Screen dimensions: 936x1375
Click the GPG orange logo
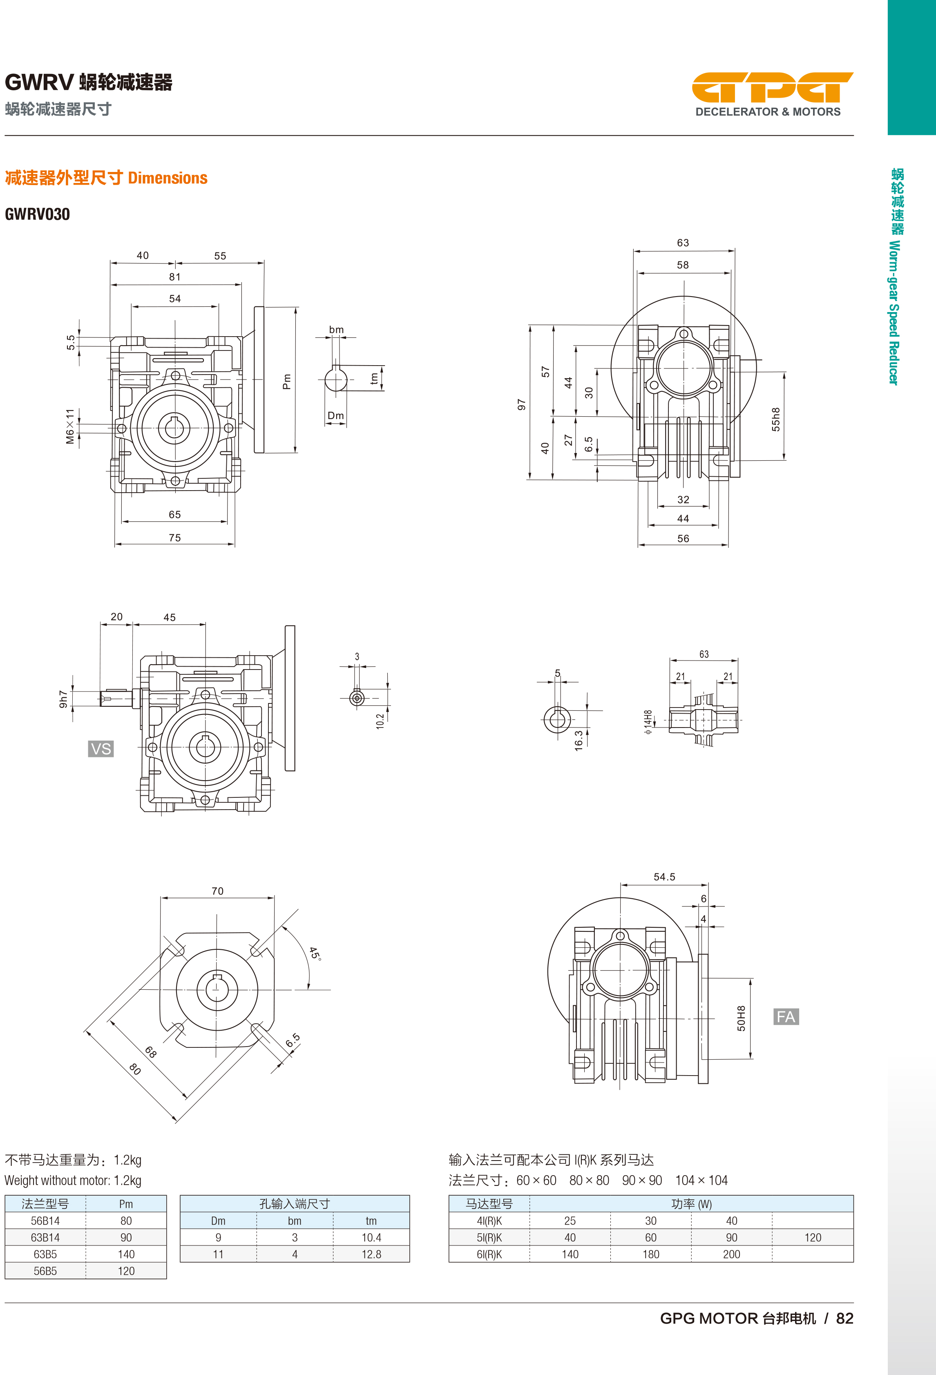(x=772, y=87)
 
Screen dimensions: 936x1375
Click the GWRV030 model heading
(x=37, y=214)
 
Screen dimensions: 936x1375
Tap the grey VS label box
(x=101, y=749)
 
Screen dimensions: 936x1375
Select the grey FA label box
(x=786, y=1016)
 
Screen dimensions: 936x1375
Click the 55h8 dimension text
(x=776, y=420)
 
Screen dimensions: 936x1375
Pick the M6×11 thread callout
(x=70, y=426)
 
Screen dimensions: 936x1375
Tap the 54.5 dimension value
(x=664, y=877)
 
